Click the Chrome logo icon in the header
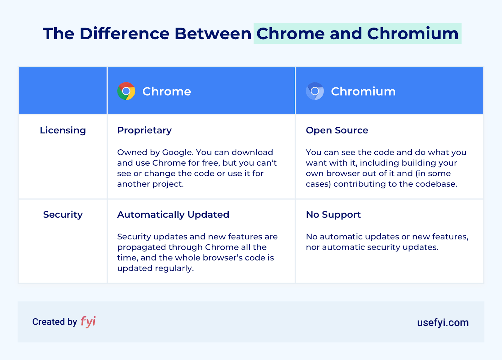(126, 91)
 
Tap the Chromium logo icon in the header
(315, 91)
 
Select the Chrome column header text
(167, 92)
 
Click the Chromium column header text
(363, 92)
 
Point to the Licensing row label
(63, 130)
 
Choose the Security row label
(63, 214)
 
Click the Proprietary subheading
(144, 130)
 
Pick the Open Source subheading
(337, 130)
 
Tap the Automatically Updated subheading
(173, 214)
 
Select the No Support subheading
(333, 214)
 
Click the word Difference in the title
(125, 34)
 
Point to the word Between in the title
(213, 34)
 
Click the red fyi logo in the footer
(88, 321)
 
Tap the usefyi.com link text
(443, 322)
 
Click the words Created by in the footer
(55, 322)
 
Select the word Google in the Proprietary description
(177, 152)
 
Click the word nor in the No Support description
(313, 247)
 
